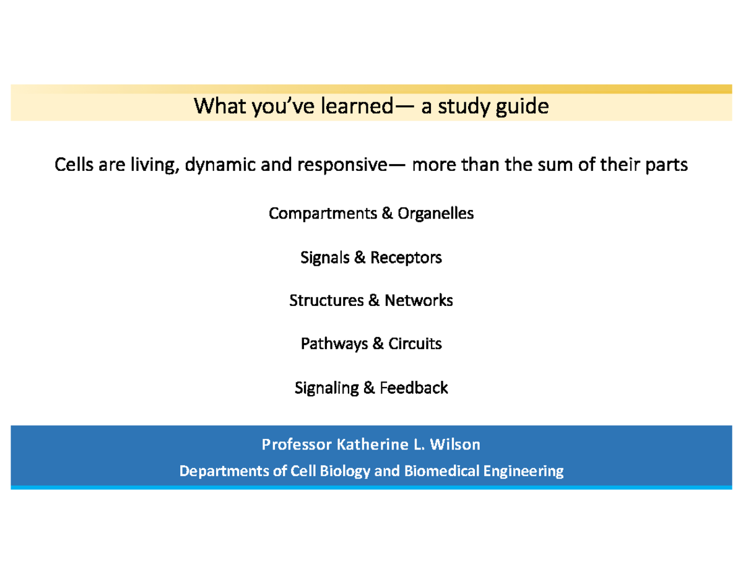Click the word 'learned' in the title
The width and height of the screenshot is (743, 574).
(356, 107)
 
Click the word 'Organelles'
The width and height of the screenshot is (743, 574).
(436, 214)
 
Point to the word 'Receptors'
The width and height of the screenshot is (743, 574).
(406, 257)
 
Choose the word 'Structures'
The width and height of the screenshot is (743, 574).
(326, 300)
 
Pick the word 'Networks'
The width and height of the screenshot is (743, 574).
(419, 300)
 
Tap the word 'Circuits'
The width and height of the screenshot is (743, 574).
(415, 344)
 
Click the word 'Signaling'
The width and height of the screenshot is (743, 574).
(326, 388)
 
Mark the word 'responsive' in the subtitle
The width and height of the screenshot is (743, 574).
(340, 165)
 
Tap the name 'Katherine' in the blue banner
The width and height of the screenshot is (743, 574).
(368, 444)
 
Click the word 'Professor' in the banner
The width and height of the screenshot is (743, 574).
(296, 444)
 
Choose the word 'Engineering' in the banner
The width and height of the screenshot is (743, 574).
(525, 471)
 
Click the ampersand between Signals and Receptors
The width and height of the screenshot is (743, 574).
(360, 257)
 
